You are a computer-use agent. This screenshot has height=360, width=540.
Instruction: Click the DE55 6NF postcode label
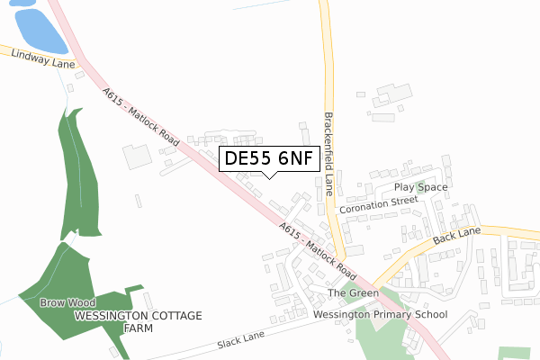pyautogui.click(x=269, y=159)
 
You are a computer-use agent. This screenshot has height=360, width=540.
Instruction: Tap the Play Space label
pyautogui.click(x=420, y=186)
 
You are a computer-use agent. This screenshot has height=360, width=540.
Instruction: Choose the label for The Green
pyautogui.click(x=352, y=293)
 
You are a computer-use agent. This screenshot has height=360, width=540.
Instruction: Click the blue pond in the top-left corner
pyautogui.click(x=40, y=30)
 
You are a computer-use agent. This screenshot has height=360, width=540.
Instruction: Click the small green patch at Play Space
pyautogui.click(x=421, y=187)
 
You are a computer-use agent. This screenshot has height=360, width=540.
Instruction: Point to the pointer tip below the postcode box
pyautogui.click(x=269, y=177)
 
